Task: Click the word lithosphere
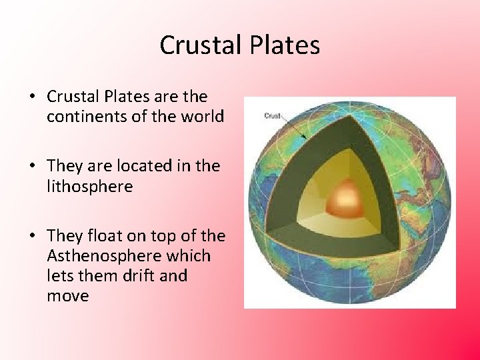point(89,186)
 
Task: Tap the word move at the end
point(67,295)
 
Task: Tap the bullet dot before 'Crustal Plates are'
point(32,97)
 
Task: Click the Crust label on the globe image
point(272,115)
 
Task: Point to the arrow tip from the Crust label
point(306,138)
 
